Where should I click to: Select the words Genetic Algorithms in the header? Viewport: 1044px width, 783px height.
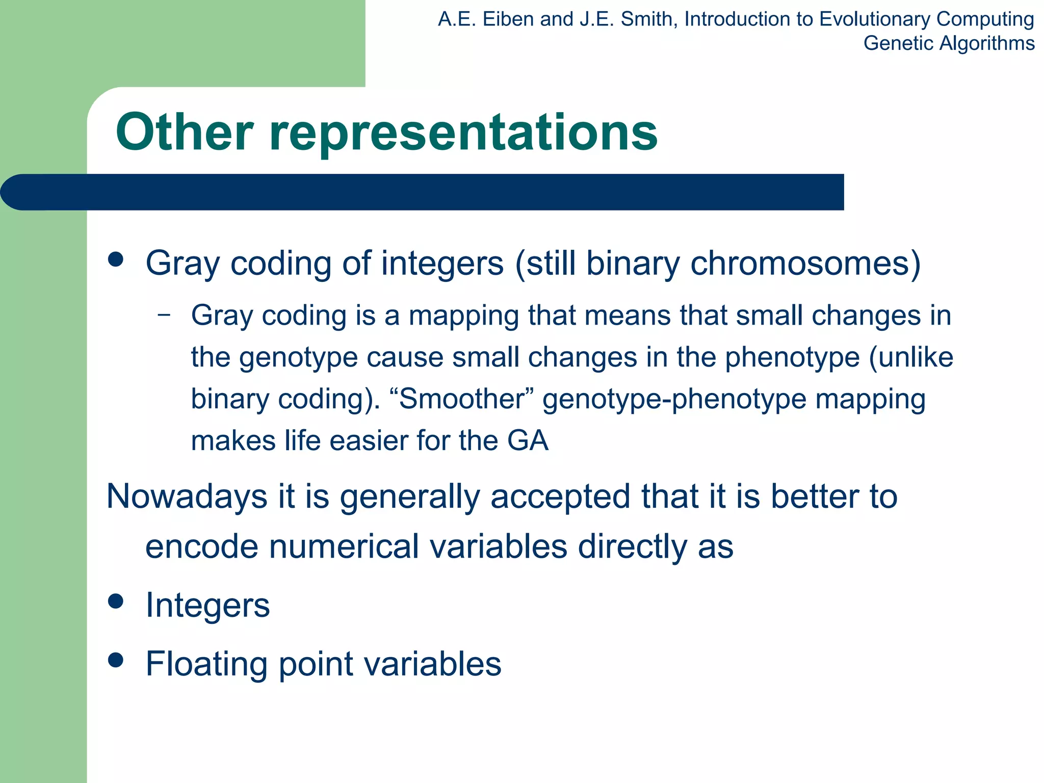pyautogui.click(x=949, y=43)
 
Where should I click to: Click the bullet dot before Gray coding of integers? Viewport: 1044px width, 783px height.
pyautogui.click(x=116, y=259)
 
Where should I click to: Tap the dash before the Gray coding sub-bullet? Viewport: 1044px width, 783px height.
pyautogui.click(x=164, y=315)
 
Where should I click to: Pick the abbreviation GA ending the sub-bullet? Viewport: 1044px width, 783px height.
pyautogui.click(x=528, y=440)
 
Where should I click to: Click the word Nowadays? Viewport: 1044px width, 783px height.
pyautogui.click(x=187, y=497)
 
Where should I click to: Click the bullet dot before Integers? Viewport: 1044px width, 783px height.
pyautogui.click(x=116, y=602)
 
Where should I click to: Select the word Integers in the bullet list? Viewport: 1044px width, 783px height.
pyautogui.click(x=207, y=606)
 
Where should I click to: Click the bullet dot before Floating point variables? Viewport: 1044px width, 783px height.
pyautogui.click(x=116, y=660)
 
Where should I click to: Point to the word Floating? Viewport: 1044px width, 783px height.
pyautogui.click(x=206, y=664)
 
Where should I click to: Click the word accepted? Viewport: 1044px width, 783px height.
pyautogui.click(x=560, y=497)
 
